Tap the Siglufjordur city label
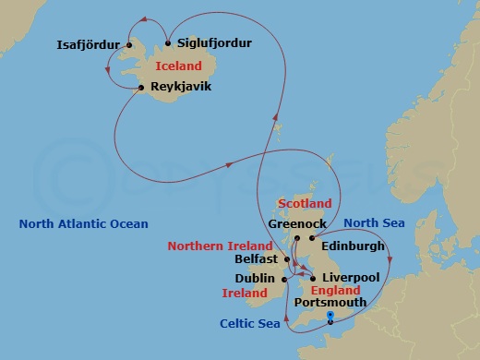[x=213, y=43]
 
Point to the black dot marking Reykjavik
[x=140, y=88]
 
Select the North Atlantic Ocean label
[x=83, y=223]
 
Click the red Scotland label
[x=305, y=203]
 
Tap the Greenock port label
[x=294, y=223]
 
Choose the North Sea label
[x=373, y=223]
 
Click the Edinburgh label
[x=353, y=246]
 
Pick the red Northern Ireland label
[x=220, y=246]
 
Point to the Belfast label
[x=256, y=260]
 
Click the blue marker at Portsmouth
[x=330, y=317]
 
